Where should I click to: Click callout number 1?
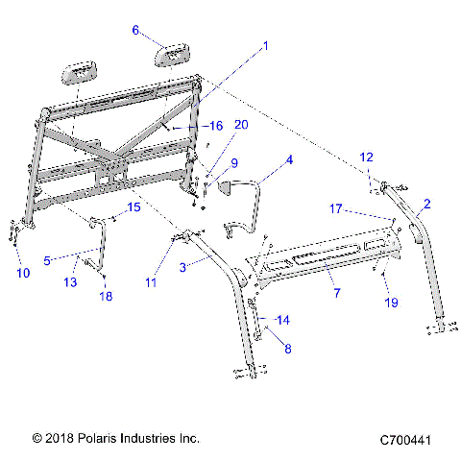[x=266, y=45]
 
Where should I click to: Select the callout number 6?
[x=135, y=30]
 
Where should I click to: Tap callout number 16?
[x=216, y=126]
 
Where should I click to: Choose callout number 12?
[x=366, y=157]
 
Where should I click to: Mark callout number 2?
[x=426, y=204]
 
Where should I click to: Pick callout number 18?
[x=106, y=297]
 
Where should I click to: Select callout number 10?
[x=24, y=273]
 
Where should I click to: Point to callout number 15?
[x=134, y=207]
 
